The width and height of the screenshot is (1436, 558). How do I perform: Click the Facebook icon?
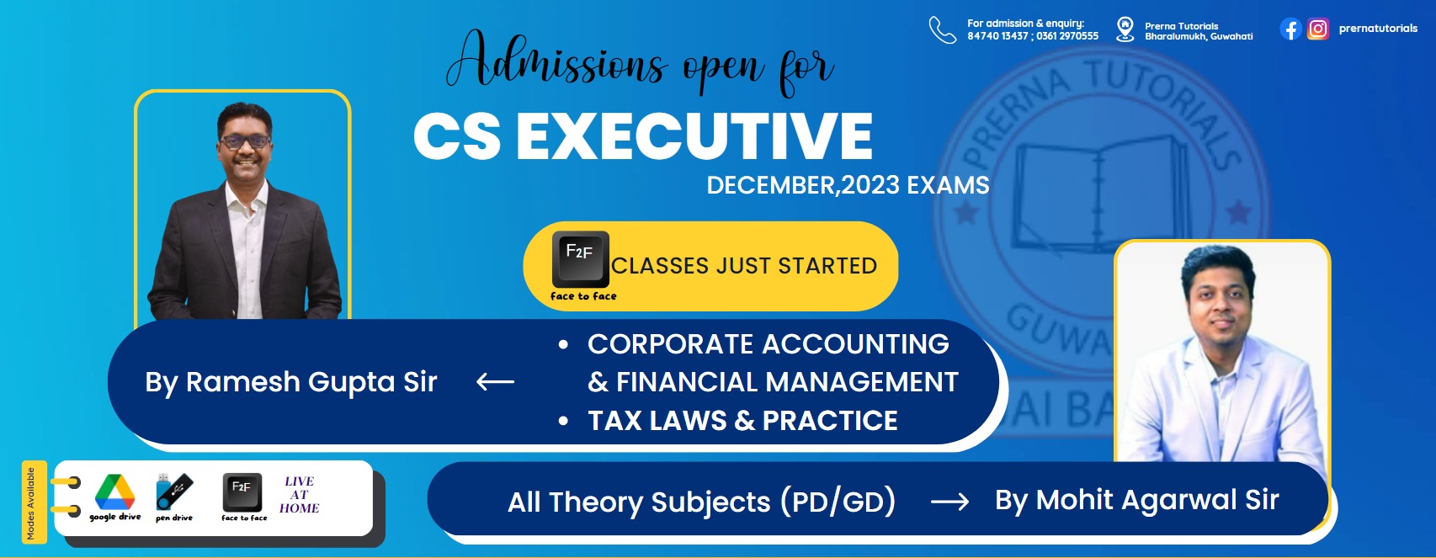(1290, 29)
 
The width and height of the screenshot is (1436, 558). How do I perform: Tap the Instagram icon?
(1318, 29)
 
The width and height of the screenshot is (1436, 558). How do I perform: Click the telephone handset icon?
(943, 30)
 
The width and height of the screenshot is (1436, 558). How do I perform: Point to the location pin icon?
(1125, 29)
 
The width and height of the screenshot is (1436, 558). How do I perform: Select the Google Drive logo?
(114, 492)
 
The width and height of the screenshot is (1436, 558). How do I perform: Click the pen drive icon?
(174, 492)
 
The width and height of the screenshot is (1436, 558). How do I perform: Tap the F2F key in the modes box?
(242, 492)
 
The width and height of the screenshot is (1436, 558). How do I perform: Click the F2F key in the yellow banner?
(580, 259)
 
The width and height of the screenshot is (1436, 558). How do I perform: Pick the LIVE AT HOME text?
(300, 495)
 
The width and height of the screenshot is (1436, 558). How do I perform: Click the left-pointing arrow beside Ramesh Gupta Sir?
(495, 382)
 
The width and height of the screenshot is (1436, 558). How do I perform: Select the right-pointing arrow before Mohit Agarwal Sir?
(950, 501)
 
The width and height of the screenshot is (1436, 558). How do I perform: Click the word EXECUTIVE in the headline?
(694, 136)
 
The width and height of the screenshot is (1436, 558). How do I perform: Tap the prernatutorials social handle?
(1378, 28)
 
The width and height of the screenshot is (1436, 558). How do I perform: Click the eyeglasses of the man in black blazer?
(246, 141)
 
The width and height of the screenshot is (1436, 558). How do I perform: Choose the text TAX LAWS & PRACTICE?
(742, 421)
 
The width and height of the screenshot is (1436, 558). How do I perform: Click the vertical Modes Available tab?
(34, 502)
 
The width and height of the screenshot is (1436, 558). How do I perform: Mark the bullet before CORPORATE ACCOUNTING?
(563, 345)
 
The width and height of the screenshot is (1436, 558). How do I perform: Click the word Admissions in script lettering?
(556, 61)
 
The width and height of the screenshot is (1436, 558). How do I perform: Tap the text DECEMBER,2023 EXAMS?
(848, 185)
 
